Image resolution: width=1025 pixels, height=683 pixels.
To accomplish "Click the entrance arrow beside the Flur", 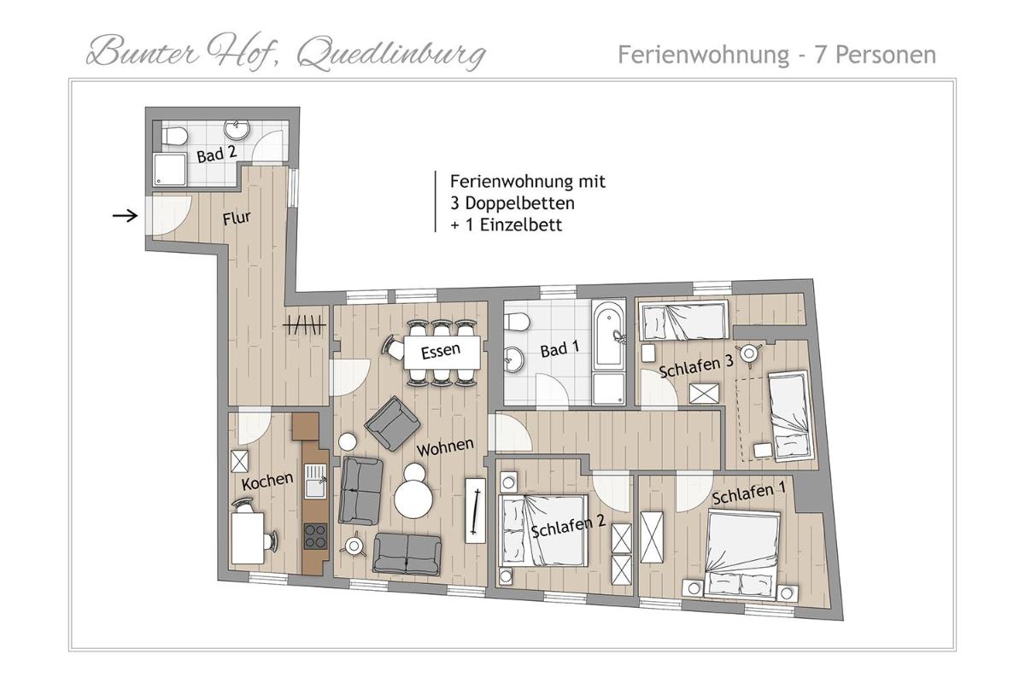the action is (x=125, y=215).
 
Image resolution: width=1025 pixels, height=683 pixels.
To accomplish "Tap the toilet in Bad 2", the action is (x=174, y=136).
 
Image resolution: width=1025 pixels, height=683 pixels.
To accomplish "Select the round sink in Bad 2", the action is (x=237, y=129).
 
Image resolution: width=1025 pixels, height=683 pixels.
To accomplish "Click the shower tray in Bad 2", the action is (x=170, y=170).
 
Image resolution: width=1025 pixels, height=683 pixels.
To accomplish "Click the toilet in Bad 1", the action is (x=517, y=322).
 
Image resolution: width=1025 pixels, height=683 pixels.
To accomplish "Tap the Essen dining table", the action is (x=442, y=353).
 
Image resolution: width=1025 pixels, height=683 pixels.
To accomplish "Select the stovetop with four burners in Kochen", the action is (x=315, y=536).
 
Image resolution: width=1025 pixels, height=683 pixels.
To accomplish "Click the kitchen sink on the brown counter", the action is (x=315, y=482).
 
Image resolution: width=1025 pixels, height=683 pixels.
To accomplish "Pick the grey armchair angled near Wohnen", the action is (x=393, y=423).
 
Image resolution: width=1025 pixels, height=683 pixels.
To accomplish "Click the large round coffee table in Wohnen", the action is (x=413, y=499).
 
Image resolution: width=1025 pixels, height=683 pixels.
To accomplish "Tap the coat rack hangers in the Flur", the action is (x=305, y=325).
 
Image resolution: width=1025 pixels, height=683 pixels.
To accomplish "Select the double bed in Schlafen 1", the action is (x=742, y=554).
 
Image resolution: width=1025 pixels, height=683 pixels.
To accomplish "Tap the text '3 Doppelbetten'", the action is (x=512, y=203).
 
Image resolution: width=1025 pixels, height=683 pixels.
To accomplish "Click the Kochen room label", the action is (x=267, y=482).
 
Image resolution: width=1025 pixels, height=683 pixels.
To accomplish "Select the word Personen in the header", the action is (x=886, y=55).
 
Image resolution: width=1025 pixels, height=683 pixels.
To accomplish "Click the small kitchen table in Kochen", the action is (x=248, y=539).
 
